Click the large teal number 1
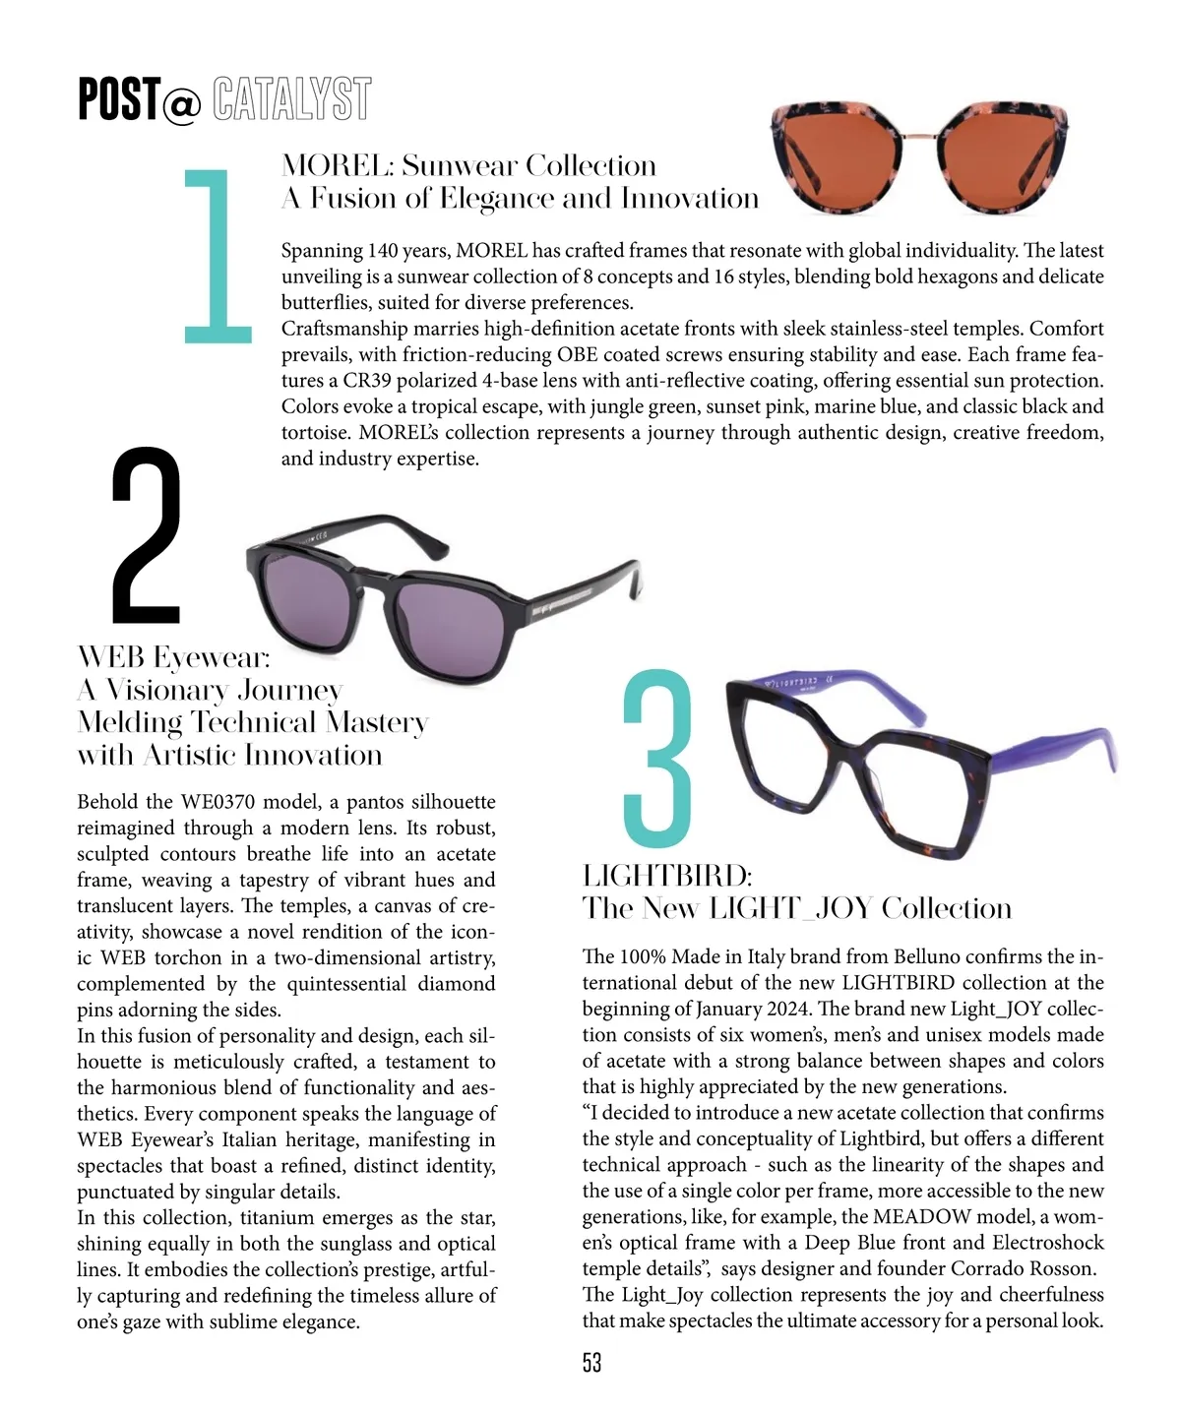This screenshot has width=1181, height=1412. coord(218,256)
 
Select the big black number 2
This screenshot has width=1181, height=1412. coord(146,535)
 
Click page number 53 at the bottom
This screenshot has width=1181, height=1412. coord(591,1363)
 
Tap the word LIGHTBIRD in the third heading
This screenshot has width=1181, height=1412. coord(666,876)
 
